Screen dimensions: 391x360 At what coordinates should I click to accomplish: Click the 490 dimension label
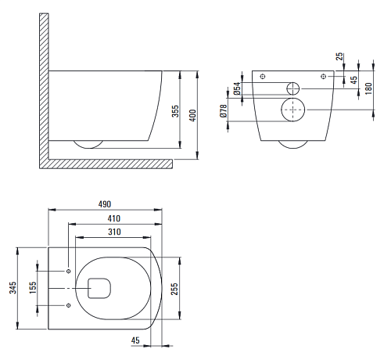pyautogui.click(x=105, y=204)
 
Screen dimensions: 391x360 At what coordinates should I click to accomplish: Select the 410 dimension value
pyautogui.click(x=114, y=218)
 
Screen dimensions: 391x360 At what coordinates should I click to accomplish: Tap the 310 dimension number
pyautogui.click(x=114, y=232)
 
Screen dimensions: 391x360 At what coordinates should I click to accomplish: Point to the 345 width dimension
pyautogui.click(x=13, y=288)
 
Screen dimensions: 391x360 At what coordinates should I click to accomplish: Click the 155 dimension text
pyautogui.click(x=33, y=288)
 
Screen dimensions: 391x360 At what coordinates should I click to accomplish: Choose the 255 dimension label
pyautogui.click(x=174, y=289)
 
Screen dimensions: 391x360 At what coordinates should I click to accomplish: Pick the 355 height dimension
pyautogui.click(x=176, y=111)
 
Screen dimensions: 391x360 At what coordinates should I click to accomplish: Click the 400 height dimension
pyautogui.click(x=192, y=116)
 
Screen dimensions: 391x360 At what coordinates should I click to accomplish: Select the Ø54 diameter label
pyautogui.click(x=237, y=88)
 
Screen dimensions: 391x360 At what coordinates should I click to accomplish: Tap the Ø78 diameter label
pyautogui.click(x=224, y=111)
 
